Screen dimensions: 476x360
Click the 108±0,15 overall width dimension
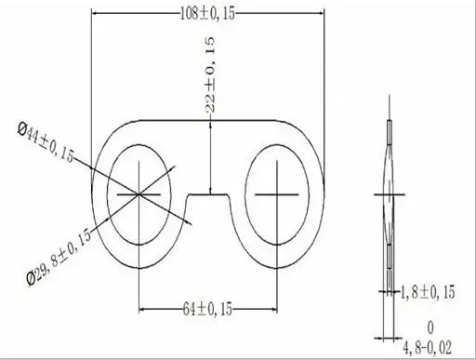(x=207, y=14)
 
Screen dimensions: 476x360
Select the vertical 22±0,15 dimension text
(x=210, y=74)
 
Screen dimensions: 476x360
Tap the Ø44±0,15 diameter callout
(x=46, y=142)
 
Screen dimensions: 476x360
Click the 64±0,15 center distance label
(x=207, y=309)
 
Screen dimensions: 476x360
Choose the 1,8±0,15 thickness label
(x=428, y=292)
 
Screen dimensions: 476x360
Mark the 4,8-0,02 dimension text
(x=427, y=348)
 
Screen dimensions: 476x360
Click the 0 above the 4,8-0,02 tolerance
(x=430, y=327)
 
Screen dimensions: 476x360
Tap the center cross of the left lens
(x=139, y=194)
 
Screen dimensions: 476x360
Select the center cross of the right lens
(x=277, y=194)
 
